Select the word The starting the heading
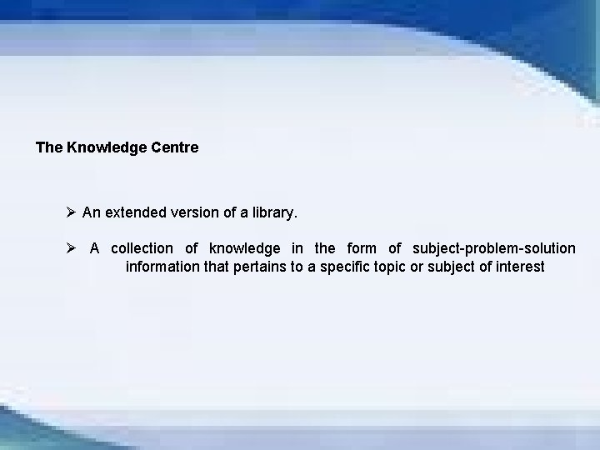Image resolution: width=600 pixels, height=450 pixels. pyautogui.click(x=48, y=147)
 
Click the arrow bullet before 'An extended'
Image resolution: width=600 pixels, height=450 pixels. pyautogui.click(x=72, y=212)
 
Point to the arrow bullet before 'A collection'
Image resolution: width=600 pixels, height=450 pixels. pyautogui.click(x=72, y=248)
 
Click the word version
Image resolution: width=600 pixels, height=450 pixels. pyautogui.click(x=196, y=212)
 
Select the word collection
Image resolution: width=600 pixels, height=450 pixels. pyautogui.click(x=142, y=248)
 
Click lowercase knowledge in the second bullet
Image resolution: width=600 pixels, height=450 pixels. pyautogui.click(x=244, y=248)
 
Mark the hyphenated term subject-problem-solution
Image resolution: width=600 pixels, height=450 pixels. pyautogui.click(x=494, y=248)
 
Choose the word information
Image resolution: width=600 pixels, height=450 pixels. pyautogui.click(x=164, y=267)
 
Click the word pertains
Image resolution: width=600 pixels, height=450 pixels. pyautogui.click(x=265, y=267)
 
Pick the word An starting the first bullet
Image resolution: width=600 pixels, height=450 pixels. pyautogui.click(x=91, y=212)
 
